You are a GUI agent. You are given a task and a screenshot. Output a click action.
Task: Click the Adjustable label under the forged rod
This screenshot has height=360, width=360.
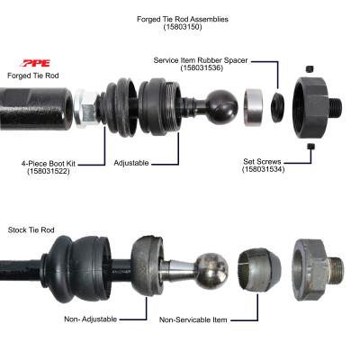tap(131, 163)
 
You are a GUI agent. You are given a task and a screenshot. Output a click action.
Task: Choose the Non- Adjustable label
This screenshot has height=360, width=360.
tap(93, 317)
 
